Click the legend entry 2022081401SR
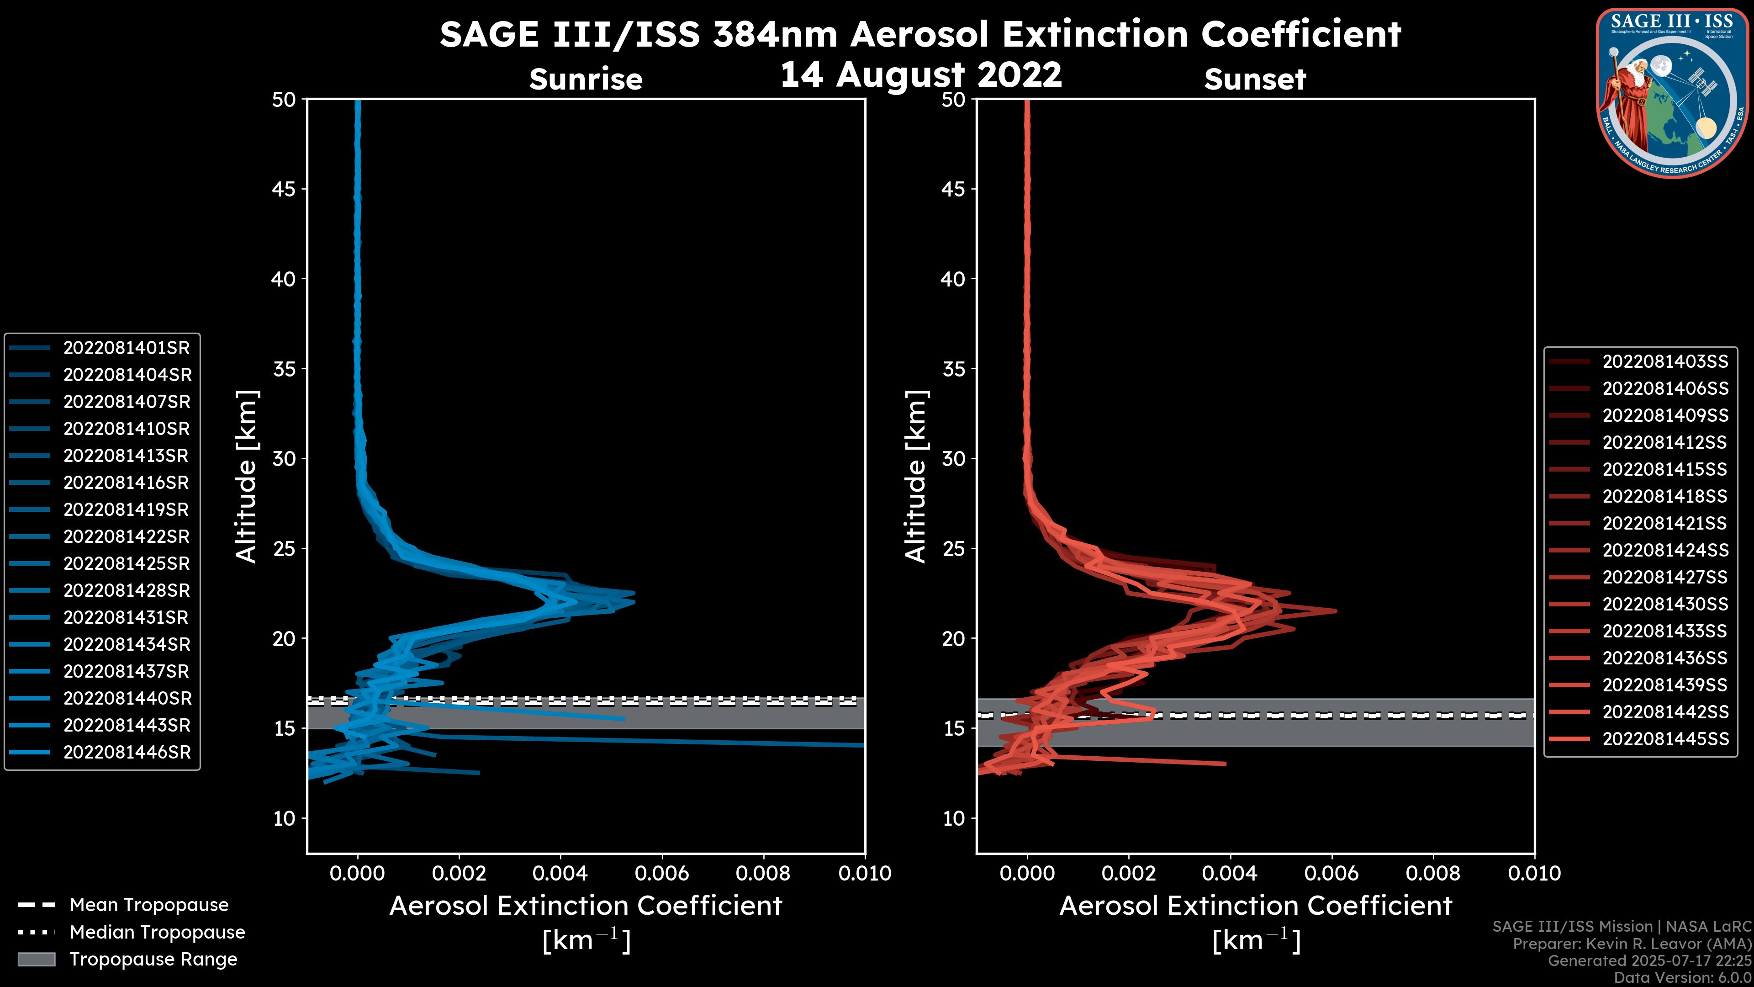click(x=127, y=348)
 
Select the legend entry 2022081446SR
click(x=127, y=753)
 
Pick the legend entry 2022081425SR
click(x=127, y=564)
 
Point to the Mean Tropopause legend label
click(x=149, y=905)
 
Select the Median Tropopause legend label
click(x=157, y=933)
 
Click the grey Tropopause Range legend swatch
click(x=36, y=960)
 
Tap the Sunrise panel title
click(x=586, y=80)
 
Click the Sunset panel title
click(x=1255, y=80)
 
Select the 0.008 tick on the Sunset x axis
click(x=1433, y=873)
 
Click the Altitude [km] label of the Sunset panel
click(x=916, y=477)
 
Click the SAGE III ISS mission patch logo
click(x=1670, y=93)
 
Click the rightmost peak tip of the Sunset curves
click(x=1335, y=610)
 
